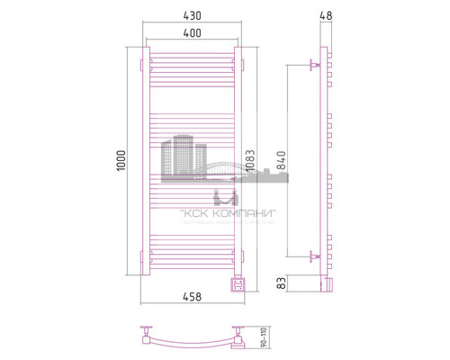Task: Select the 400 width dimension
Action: click(x=193, y=33)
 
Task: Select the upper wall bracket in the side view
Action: click(x=314, y=65)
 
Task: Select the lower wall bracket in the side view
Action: click(x=314, y=256)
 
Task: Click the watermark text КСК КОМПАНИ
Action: click(x=229, y=212)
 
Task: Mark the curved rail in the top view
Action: click(x=193, y=343)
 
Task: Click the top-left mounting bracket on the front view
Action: click(x=141, y=64)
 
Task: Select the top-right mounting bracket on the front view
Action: click(x=243, y=64)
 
